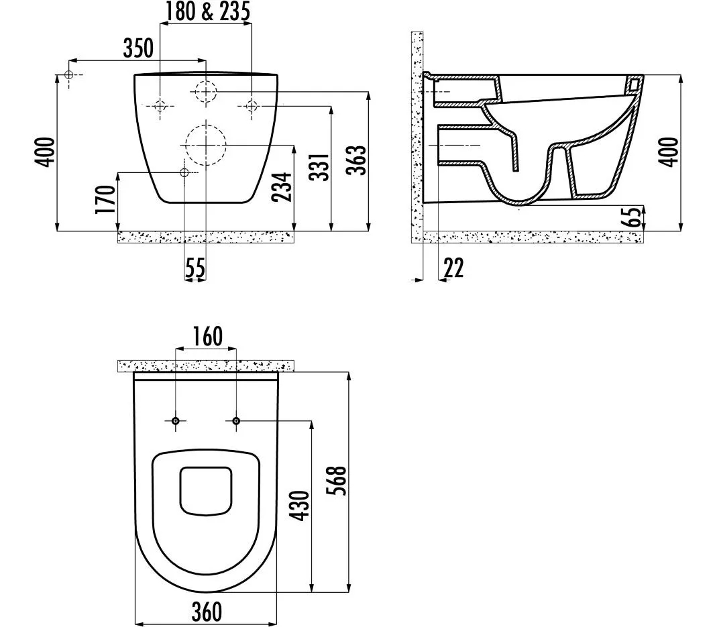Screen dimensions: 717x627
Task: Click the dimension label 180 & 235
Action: pos(207,11)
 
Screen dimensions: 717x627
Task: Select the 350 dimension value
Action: pos(138,48)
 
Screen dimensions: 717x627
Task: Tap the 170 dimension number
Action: pos(105,199)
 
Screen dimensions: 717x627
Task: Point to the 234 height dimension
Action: pos(282,186)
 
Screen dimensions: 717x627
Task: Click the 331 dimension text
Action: pos(319,167)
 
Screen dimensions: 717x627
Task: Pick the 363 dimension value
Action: pos(357,160)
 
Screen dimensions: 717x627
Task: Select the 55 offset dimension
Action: pos(195,268)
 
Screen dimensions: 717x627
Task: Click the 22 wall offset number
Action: pos(453,268)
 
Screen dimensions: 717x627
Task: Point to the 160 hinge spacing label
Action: pos(207,336)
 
